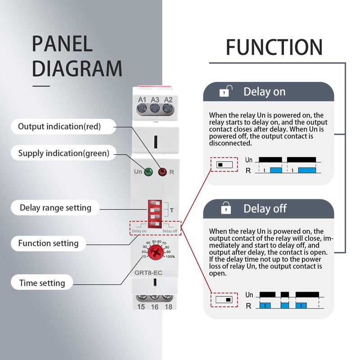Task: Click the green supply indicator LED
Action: pos(148,172)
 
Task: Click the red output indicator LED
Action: pos(162,172)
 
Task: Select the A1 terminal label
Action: pos(142,99)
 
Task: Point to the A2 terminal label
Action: pos(168,99)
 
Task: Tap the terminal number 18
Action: pos(168,307)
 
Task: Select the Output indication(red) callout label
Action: pos(59,126)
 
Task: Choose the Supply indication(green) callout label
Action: pos(63,153)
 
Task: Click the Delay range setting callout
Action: pos(55,207)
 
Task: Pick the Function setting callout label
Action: pos(48,243)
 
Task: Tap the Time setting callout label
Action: pos(42,283)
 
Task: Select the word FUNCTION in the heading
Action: pos(274,47)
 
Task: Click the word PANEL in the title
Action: pos(62,43)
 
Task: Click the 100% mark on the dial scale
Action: pos(170,256)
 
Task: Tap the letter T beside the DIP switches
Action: pos(172,210)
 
